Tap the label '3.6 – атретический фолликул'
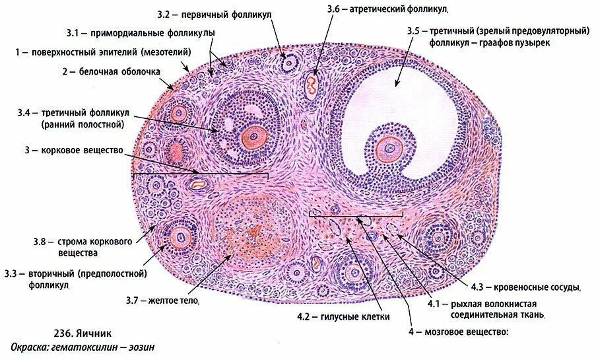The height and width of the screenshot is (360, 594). coord(387,10)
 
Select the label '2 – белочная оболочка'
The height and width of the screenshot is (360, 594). coord(112,72)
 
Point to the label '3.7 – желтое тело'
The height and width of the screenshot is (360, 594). coord(162,301)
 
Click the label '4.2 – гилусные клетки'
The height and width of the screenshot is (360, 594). coord(343,316)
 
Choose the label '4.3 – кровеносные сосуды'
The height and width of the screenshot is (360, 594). coord(525,287)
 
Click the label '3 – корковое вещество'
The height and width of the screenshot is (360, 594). coord(75,151)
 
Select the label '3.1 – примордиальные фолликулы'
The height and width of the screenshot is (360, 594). coord(141,32)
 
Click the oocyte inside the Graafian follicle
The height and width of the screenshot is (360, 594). coord(390,149)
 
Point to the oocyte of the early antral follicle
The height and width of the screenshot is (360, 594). coord(251,137)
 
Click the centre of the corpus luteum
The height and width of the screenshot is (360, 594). coord(251,233)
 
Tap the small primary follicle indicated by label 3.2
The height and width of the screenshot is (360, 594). coord(288,63)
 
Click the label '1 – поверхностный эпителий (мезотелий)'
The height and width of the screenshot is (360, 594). coord(104,52)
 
